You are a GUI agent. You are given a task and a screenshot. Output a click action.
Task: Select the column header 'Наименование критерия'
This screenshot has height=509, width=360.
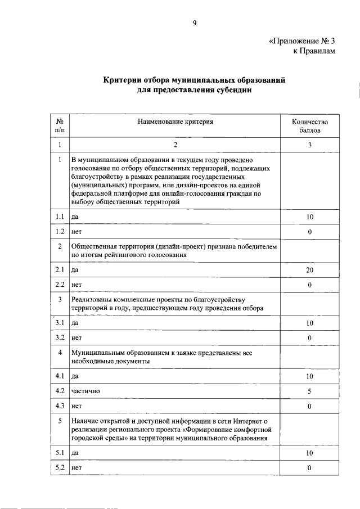point(174,121)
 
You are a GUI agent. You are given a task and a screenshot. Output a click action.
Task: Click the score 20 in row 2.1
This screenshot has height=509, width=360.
point(309,270)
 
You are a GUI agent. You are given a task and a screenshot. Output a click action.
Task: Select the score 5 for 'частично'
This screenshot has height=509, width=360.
point(309,390)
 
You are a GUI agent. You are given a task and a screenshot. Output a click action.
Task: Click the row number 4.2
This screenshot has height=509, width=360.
point(59,390)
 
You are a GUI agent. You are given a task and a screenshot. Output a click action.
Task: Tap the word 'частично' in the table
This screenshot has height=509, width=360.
point(85,391)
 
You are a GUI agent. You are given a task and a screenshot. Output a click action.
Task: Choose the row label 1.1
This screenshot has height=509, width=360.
point(59,217)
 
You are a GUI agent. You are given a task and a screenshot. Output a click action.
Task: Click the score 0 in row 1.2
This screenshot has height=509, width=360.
point(309,232)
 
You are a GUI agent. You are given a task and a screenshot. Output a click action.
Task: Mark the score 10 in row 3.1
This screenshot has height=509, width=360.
point(309,323)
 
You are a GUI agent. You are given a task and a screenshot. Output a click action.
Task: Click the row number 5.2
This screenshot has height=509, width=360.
point(59,467)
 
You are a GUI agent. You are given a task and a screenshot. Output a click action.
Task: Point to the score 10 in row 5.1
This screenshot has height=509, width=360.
point(309,452)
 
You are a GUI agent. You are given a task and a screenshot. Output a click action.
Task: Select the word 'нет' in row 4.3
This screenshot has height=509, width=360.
point(77,406)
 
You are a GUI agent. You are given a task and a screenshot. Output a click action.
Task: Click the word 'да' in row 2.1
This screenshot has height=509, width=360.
point(75,271)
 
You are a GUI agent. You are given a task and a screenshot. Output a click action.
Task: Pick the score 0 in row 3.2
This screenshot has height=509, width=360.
point(309,337)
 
